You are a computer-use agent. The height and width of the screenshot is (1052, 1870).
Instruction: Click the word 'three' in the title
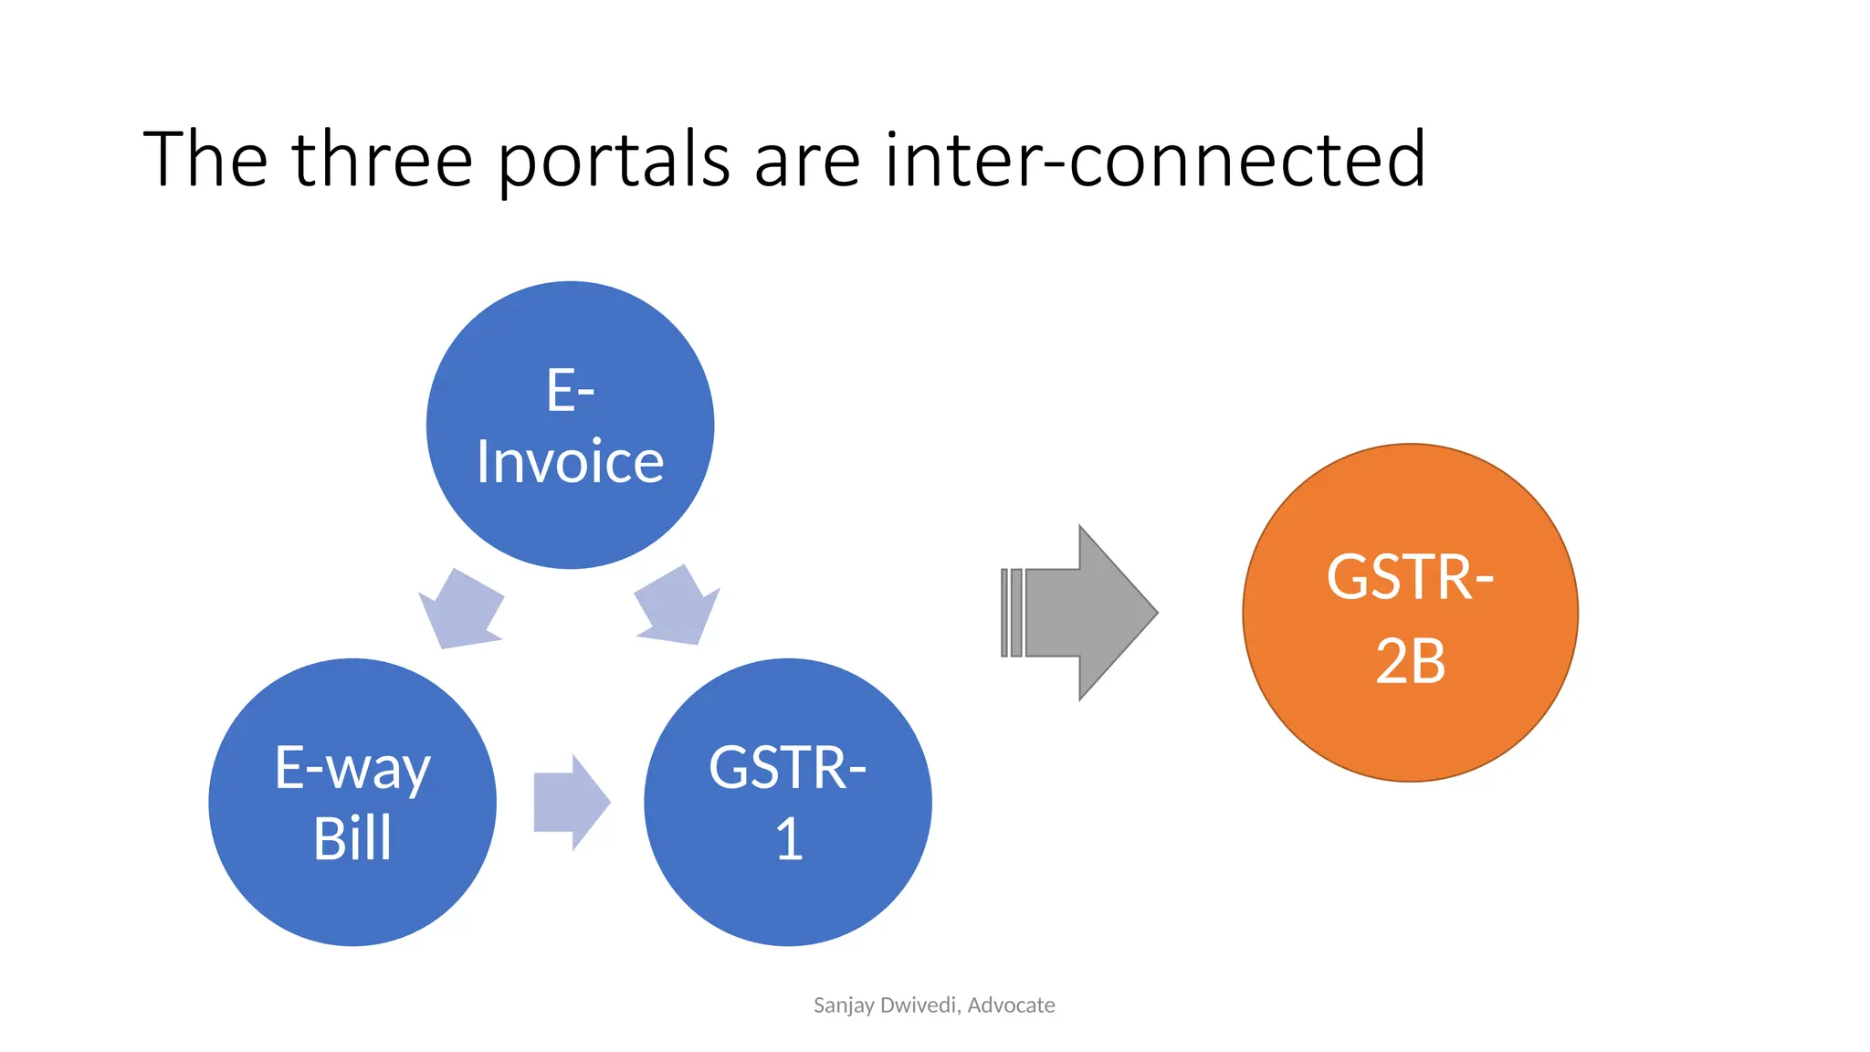(x=382, y=160)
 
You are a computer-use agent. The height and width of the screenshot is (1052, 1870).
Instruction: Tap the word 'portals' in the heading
(x=614, y=160)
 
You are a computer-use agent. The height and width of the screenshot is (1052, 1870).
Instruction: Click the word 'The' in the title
(x=205, y=160)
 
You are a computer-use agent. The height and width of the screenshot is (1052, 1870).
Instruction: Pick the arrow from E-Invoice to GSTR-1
(x=678, y=606)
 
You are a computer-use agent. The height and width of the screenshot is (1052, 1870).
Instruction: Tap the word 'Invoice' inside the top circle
(x=570, y=462)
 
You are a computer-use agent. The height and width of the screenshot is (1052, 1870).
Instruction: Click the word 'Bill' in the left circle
(x=352, y=838)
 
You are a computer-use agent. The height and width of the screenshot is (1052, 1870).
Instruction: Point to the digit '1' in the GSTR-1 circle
(x=789, y=838)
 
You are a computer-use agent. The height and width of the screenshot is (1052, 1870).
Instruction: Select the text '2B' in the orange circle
(x=1411, y=661)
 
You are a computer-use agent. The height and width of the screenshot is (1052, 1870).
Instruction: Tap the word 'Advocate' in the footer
(x=1011, y=1005)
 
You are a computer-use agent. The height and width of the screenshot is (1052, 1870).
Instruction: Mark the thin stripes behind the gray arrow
(x=1011, y=613)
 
